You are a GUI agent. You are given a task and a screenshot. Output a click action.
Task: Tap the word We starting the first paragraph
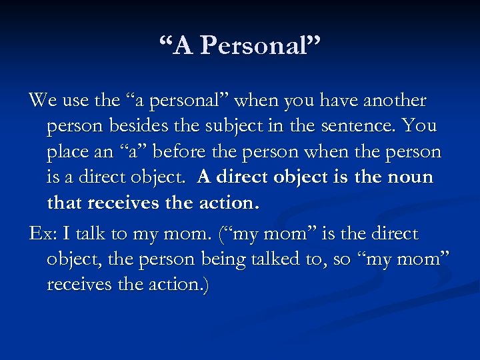click(x=42, y=101)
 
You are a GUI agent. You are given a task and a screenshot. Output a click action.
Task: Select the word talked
click(x=277, y=259)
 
